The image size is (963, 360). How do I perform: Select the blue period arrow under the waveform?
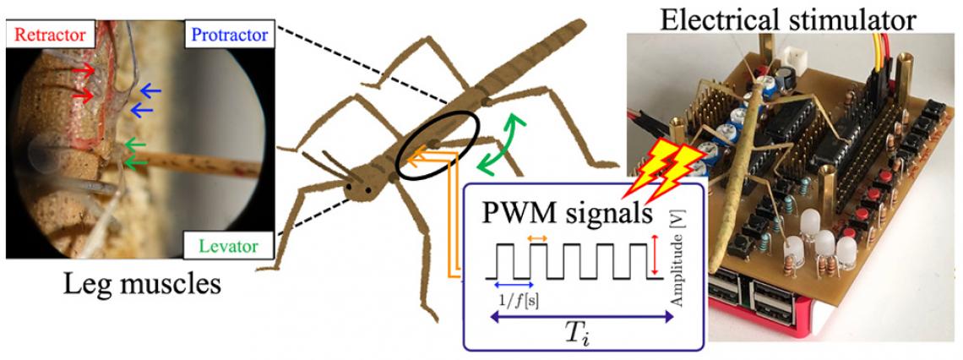(513, 284)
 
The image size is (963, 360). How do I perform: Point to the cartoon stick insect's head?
(362, 187)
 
